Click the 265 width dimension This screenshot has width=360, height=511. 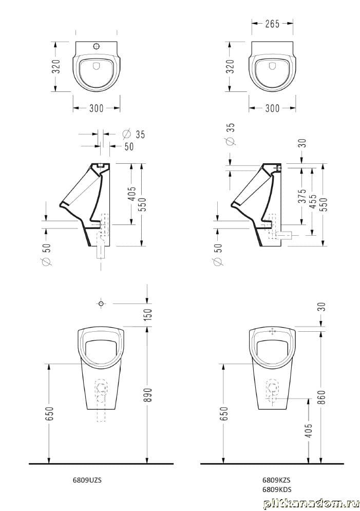[272, 24]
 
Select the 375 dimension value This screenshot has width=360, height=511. [302, 196]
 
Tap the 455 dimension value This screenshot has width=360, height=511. [313, 202]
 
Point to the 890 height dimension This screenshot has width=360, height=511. [148, 394]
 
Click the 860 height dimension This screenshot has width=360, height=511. [321, 398]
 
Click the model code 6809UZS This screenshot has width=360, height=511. [87, 480]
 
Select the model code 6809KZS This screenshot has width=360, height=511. [277, 480]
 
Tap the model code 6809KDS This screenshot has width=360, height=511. [277, 489]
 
